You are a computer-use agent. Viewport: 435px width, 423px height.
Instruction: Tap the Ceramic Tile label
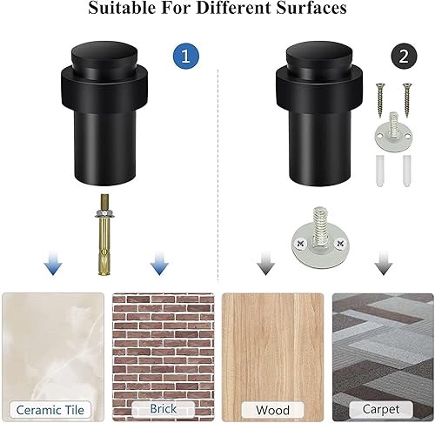click(51, 408)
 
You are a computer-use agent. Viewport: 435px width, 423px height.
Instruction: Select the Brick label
click(163, 407)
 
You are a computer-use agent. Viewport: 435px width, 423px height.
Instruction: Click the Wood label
click(273, 408)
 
